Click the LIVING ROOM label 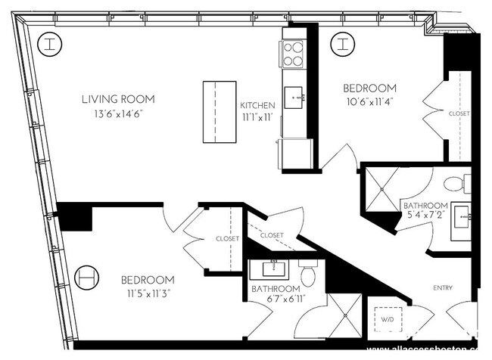pos(118,99)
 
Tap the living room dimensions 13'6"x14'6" pos(118,113)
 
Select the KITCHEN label pos(257,105)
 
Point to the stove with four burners pos(293,53)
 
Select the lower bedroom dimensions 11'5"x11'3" pos(148,293)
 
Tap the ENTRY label pos(443,287)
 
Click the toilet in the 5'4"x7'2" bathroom pos(456,184)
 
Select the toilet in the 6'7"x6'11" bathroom pos(308,275)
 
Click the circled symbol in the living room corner pos(49,44)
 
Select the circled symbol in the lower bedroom pos(88,277)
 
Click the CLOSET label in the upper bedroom pos(459,113)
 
